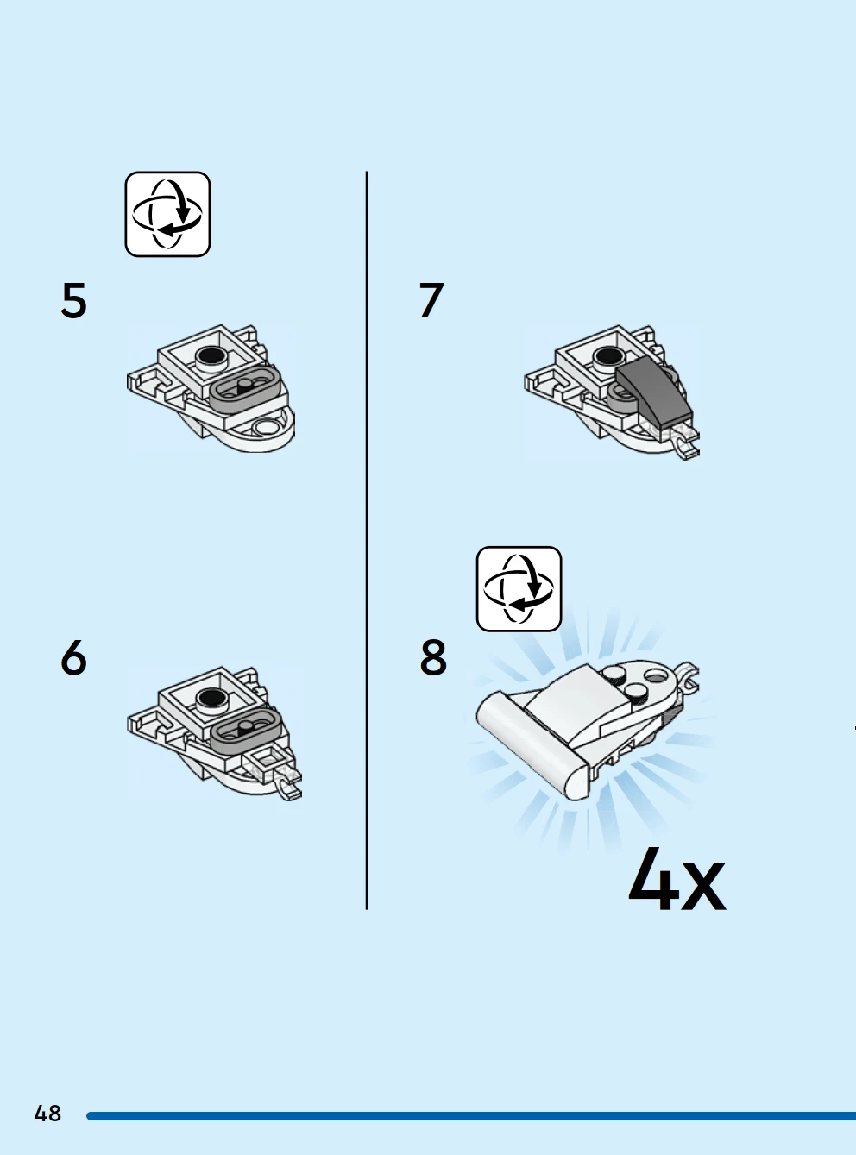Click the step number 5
pyautogui.click(x=73, y=300)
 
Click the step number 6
pyautogui.click(x=73, y=657)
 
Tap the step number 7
pyautogui.click(x=431, y=300)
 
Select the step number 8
pyautogui.click(x=433, y=657)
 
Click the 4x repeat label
pyautogui.click(x=677, y=880)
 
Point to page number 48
pyautogui.click(x=47, y=1114)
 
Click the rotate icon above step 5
pyautogui.click(x=167, y=214)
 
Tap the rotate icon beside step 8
pyautogui.click(x=519, y=589)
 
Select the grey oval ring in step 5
pyautogui.click(x=244, y=388)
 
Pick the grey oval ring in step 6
pyautogui.click(x=245, y=730)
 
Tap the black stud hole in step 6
pyautogui.click(x=212, y=697)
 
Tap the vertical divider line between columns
pyautogui.click(x=367, y=540)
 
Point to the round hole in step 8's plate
pyautogui.click(x=654, y=676)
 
